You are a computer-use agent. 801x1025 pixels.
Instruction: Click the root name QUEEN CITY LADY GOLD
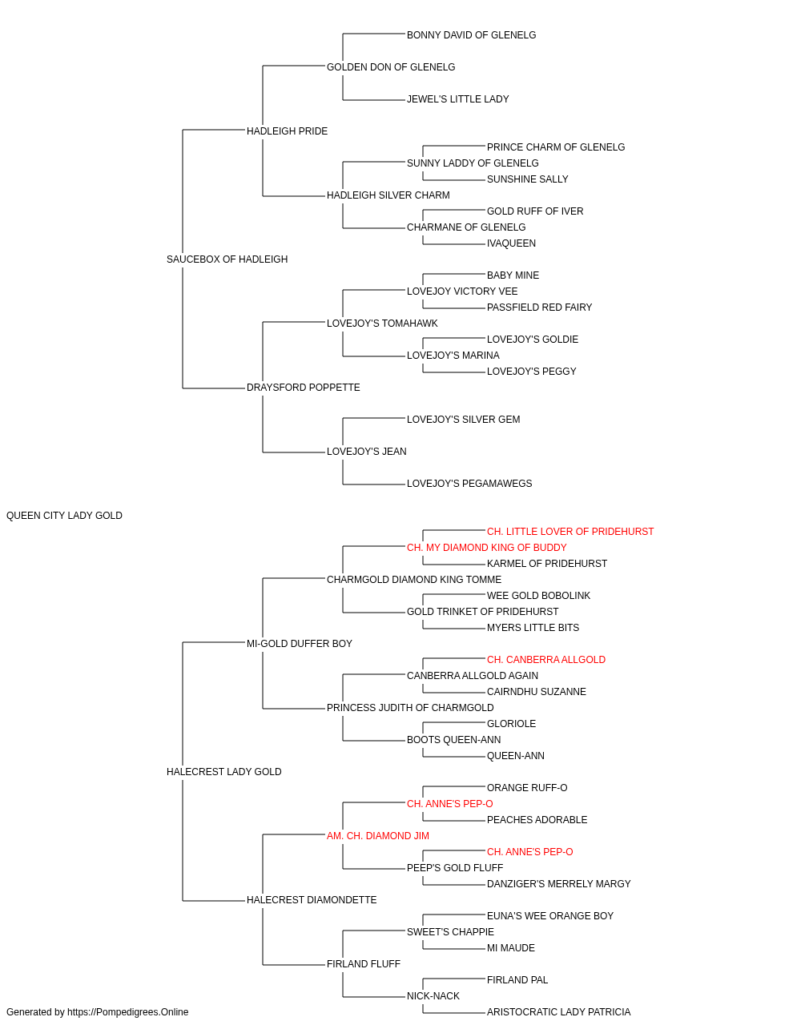click(x=64, y=516)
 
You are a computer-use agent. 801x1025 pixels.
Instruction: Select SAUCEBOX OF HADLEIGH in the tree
click(x=227, y=259)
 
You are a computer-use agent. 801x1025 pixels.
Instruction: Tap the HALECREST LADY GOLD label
click(x=224, y=772)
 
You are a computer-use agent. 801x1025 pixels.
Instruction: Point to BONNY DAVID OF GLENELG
click(x=471, y=35)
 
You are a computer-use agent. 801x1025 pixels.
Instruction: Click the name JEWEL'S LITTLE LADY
click(x=457, y=99)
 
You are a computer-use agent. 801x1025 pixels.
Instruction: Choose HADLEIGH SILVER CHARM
click(x=388, y=195)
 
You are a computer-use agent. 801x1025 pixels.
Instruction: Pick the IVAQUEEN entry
click(x=511, y=243)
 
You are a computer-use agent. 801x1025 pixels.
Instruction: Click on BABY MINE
click(x=513, y=275)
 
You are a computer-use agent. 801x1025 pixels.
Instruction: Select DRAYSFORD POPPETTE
click(x=304, y=388)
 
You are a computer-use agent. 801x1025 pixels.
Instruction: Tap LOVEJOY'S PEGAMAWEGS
click(x=469, y=484)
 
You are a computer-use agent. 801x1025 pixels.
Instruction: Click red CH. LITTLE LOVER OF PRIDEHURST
click(x=570, y=532)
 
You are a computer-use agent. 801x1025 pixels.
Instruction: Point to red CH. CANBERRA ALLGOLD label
click(x=546, y=660)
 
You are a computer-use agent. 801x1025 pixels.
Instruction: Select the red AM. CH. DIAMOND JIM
click(x=378, y=836)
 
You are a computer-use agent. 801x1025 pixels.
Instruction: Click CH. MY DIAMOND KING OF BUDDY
click(x=487, y=548)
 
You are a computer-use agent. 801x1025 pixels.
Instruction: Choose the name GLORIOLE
click(x=511, y=724)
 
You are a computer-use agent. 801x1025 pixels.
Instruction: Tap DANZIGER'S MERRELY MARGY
click(x=558, y=884)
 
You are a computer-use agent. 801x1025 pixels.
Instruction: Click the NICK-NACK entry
click(x=433, y=995)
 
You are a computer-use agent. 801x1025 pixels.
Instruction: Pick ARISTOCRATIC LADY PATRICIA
click(x=558, y=1012)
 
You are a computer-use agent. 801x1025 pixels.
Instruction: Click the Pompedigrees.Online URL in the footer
click(x=128, y=1012)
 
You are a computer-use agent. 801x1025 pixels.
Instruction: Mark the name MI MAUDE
click(x=511, y=947)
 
